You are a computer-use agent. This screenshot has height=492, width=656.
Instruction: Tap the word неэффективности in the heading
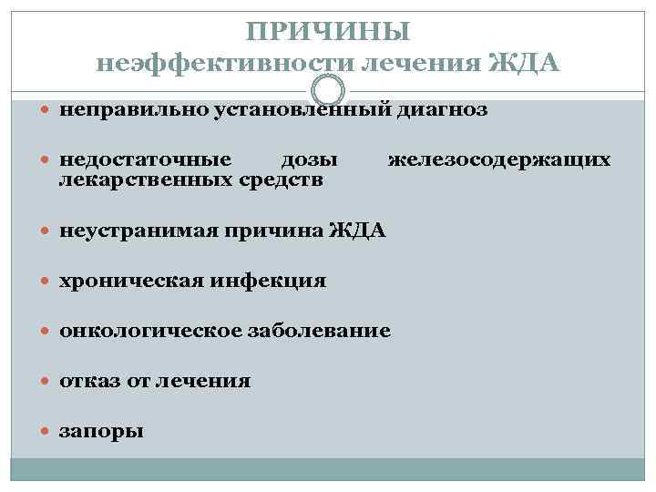tap(226, 64)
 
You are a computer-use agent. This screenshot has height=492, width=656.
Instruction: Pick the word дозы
tap(310, 160)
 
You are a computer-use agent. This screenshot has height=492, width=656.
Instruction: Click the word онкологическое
tap(151, 331)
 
